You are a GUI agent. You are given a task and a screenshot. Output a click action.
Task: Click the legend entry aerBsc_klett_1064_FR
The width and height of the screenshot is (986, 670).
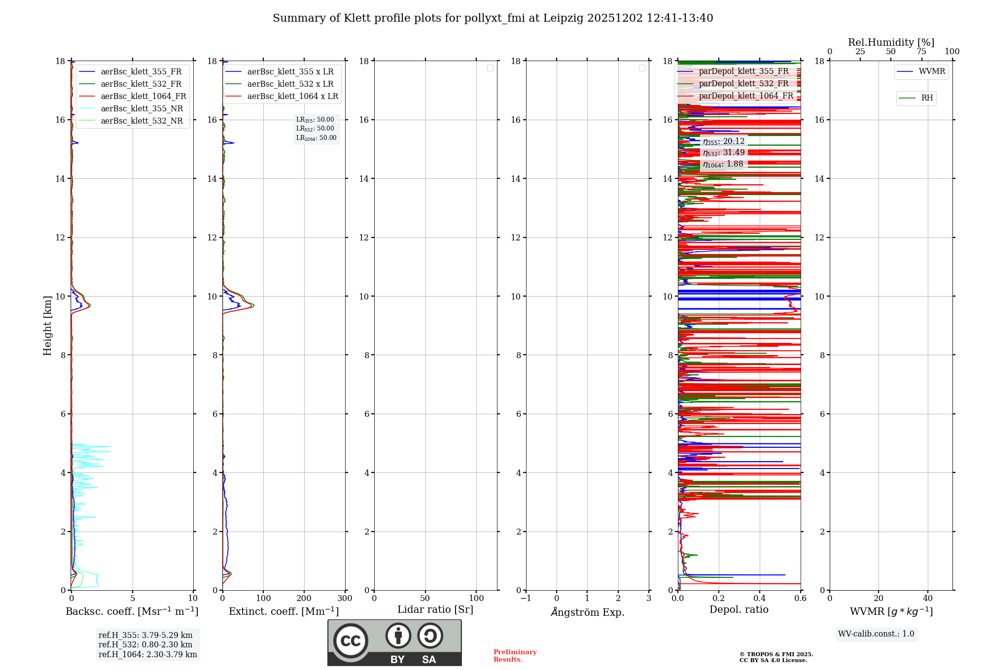[143, 97]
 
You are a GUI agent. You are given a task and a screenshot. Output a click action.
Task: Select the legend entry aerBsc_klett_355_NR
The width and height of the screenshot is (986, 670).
[141, 109]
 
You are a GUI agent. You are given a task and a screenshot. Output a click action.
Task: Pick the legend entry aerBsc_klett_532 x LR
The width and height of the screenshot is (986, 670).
[290, 84]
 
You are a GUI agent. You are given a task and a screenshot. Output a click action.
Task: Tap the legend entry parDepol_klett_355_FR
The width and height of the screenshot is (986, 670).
[743, 71]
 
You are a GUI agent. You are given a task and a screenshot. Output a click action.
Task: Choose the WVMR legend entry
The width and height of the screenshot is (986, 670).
[932, 71]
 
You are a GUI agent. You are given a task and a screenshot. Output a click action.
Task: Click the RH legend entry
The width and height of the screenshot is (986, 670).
[927, 98]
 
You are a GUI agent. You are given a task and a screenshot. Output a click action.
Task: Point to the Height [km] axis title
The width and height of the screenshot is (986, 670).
[47, 325]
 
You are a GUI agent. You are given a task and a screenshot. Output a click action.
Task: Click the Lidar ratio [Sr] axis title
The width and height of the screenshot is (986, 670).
[435, 610]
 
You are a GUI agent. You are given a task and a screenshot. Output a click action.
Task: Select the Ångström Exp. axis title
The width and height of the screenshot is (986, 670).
[588, 612]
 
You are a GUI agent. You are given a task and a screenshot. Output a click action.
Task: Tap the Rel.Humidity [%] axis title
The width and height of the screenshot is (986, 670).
[891, 42]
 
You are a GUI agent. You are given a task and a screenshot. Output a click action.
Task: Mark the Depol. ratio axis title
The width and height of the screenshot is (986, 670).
[739, 610]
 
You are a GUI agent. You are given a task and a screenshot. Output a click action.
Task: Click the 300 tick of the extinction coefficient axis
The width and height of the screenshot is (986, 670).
[345, 599]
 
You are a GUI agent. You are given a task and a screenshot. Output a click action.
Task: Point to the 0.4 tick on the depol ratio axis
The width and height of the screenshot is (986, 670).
[760, 599]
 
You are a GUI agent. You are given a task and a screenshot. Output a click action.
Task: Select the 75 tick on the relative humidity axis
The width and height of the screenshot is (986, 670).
[921, 52]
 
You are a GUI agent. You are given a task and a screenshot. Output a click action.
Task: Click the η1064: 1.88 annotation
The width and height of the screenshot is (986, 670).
[723, 164]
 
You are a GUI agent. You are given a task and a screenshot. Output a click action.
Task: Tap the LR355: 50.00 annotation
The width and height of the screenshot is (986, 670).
[315, 120]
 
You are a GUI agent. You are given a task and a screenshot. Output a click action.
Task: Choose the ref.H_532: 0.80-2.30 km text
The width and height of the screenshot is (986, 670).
[145, 645]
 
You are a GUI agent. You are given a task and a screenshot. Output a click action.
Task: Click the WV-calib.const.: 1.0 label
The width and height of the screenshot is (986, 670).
[876, 634]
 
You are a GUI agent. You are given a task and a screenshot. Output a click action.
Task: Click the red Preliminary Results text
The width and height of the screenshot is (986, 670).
[515, 656]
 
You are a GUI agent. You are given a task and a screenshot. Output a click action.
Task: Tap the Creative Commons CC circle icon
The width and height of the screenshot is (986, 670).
[351, 641]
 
